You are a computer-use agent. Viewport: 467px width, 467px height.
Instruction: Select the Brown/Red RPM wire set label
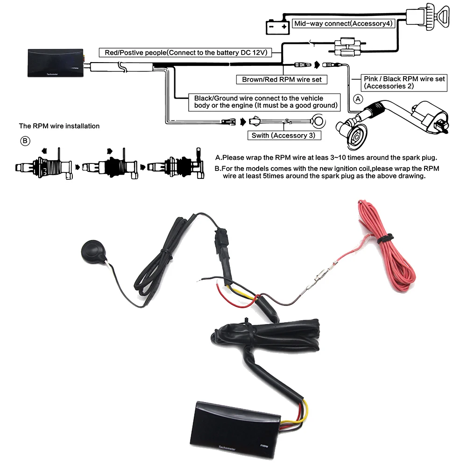(282, 79)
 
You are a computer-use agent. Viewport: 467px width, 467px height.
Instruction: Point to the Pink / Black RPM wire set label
(404, 83)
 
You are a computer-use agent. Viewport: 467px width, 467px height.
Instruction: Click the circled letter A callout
(358, 99)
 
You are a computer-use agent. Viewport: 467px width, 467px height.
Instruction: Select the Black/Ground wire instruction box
(265, 102)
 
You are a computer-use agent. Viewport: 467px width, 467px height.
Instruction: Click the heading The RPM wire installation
(59, 126)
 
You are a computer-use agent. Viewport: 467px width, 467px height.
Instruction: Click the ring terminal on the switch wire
(317, 122)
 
